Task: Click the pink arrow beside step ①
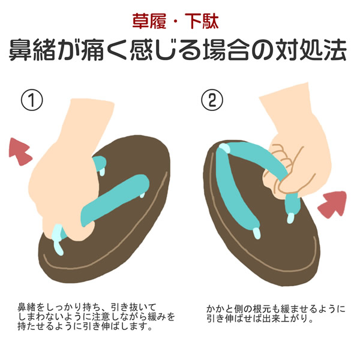[x=21, y=151]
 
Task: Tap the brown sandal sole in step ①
[x=120, y=240]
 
